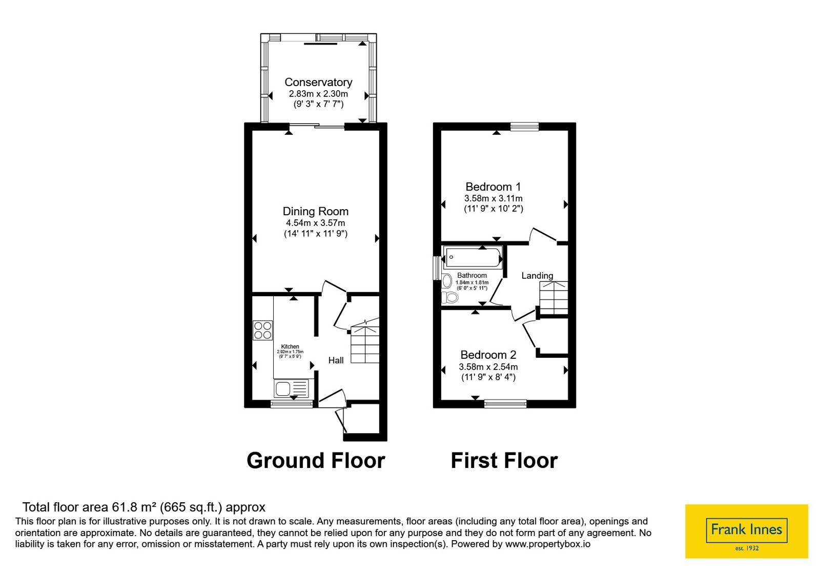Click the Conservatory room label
[318, 82]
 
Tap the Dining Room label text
[315, 211]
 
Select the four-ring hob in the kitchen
[262, 330]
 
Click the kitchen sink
[292, 388]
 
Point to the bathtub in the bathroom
[473, 257]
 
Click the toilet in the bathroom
[450, 298]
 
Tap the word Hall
[336, 360]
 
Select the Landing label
[537, 275]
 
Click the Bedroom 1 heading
[493, 187]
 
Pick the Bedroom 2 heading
[488, 355]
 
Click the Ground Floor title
[316, 460]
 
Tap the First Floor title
[504, 460]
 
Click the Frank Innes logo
[746, 531]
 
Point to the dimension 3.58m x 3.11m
[493, 198]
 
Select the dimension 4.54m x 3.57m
[315, 223]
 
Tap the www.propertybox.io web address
[548, 544]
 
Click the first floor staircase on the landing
[553, 298]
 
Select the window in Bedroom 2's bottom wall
[505, 404]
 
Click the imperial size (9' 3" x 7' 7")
[318, 105]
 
